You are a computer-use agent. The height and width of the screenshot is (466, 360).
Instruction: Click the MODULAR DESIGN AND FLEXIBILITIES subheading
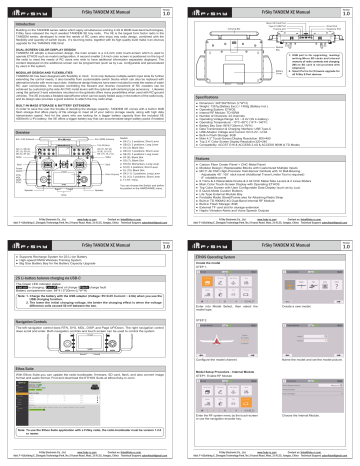(x=49, y=72)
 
